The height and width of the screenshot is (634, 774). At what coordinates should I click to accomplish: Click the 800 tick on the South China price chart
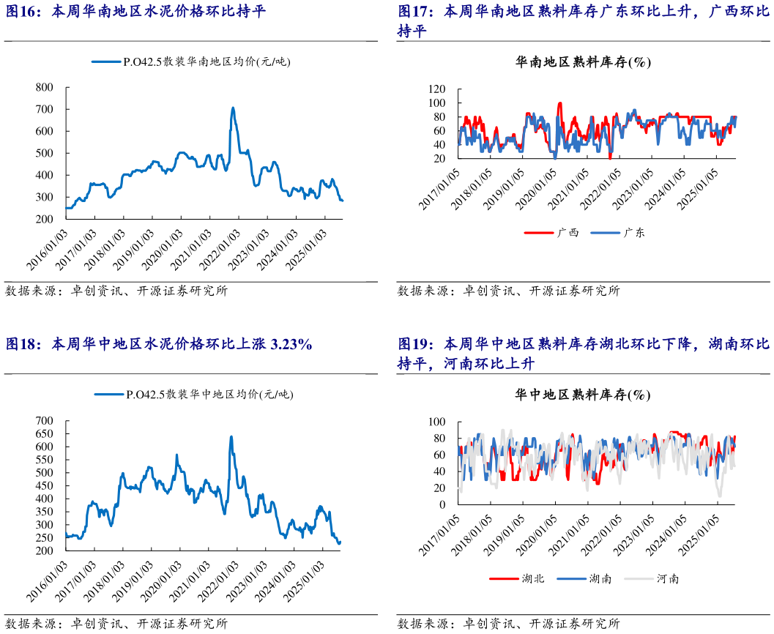pos(45,87)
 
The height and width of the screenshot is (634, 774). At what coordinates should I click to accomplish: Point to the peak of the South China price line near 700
pos(233,108)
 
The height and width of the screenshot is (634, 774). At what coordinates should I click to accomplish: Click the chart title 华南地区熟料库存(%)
pos(583,63)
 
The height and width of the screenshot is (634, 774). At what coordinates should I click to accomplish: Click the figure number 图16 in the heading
pos(21,12)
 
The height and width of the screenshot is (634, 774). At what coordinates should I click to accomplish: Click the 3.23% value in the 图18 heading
pos(291,344)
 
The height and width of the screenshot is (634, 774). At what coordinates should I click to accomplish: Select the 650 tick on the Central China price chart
pos(45,433)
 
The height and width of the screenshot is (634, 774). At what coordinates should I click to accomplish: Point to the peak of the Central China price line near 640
pos(231,437)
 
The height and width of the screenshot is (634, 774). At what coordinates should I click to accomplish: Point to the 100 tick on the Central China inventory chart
pos(438,422)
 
